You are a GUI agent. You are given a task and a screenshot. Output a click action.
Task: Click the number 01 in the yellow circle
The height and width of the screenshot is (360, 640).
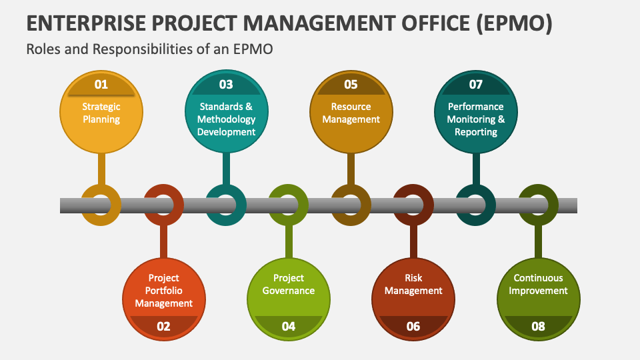101,85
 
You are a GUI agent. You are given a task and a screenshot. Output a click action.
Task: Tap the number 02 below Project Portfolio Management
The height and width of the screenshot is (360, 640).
163,326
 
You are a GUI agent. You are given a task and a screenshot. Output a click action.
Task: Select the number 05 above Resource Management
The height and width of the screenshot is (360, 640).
351,85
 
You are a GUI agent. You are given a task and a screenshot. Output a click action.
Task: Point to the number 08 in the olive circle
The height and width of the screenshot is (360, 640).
538,326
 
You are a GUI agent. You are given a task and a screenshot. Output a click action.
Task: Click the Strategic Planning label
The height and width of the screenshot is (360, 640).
101,113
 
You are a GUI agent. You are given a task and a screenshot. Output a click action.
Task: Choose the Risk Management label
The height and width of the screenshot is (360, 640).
413,284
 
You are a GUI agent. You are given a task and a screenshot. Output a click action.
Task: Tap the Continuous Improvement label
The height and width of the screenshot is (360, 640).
538,284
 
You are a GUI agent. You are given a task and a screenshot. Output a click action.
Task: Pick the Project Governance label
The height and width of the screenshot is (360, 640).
289,284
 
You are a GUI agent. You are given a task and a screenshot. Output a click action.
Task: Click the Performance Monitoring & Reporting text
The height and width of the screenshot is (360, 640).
476,119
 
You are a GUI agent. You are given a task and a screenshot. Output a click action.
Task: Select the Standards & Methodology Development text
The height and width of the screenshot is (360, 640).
226,119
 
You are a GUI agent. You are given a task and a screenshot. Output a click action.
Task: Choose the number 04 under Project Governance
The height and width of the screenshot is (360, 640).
289,326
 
